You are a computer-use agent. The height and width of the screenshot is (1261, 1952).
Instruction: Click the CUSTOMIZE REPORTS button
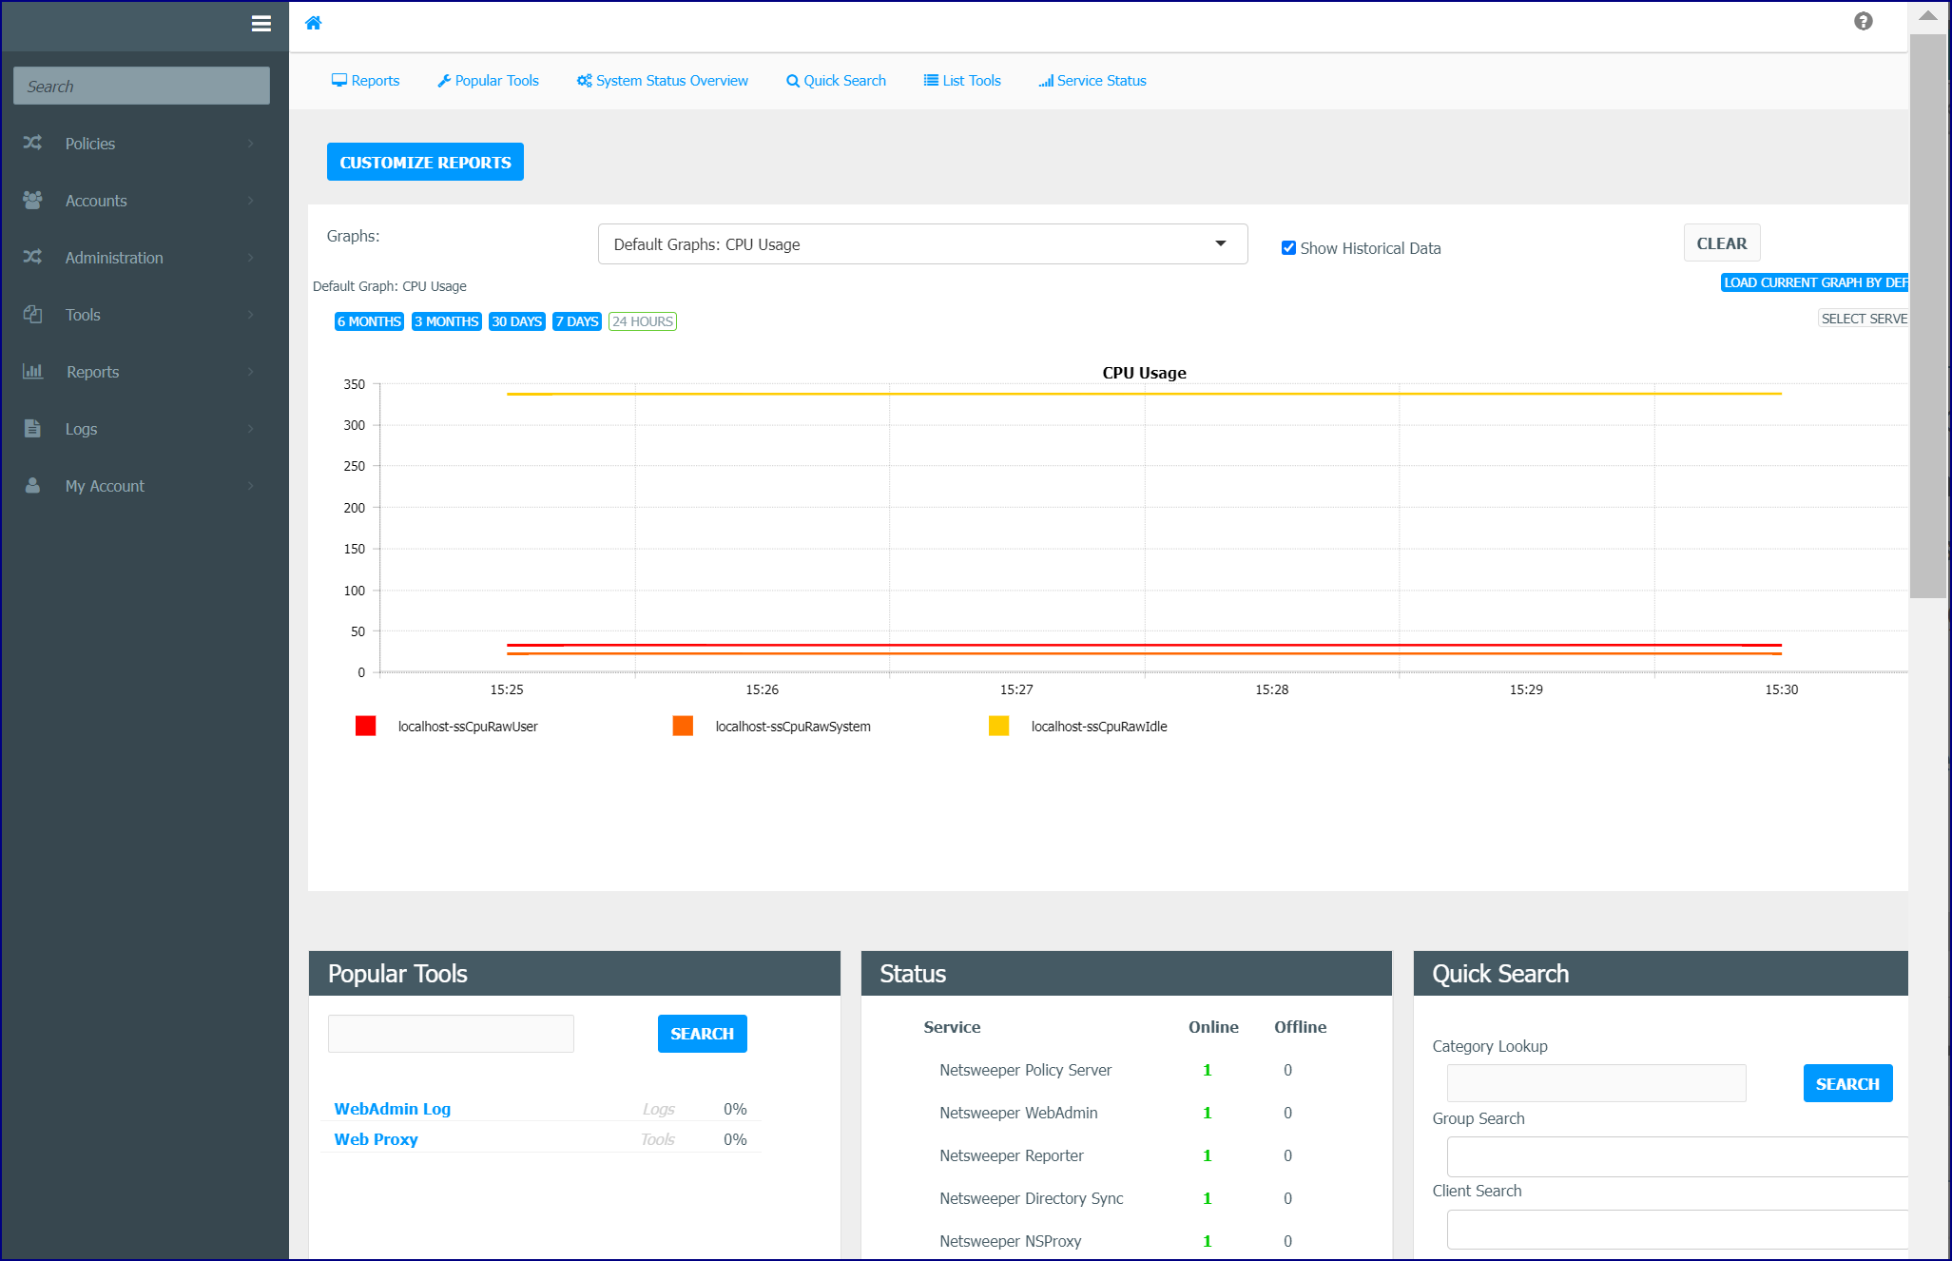coord(425,162)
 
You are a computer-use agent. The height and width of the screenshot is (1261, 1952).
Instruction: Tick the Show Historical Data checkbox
coord(1288,248)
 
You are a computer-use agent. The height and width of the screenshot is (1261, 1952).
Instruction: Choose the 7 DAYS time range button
coord(577,321)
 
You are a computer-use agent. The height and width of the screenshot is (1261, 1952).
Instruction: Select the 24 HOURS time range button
coord(643,321)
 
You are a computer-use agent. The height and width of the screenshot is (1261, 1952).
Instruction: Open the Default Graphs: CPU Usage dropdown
coord(922,244)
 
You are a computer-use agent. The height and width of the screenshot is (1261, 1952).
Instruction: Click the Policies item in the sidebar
coord(90,144)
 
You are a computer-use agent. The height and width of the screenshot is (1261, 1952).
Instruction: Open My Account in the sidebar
coord(105,486)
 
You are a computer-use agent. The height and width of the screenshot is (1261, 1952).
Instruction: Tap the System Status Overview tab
coord(663,81)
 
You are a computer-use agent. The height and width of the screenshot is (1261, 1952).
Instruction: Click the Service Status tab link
coord(1092,81)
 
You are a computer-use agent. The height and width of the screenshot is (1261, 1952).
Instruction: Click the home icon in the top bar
coord(313,23)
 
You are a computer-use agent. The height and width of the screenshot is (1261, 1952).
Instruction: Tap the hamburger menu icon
coord(261,24)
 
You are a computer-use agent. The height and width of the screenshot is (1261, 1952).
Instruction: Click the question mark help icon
coord(1864,21)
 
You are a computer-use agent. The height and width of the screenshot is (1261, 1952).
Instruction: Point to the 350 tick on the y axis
coord(355,384)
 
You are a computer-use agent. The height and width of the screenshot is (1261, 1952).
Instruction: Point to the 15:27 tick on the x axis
coord(1016,689)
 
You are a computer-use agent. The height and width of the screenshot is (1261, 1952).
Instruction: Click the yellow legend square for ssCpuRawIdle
coord(998,726)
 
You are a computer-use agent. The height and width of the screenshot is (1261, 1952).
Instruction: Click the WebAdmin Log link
coord(393,1109)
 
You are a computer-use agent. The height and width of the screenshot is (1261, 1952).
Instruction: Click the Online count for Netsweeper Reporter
coord(1208,1155)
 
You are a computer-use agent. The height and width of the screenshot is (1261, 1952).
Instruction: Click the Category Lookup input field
coord(1596,1083)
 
